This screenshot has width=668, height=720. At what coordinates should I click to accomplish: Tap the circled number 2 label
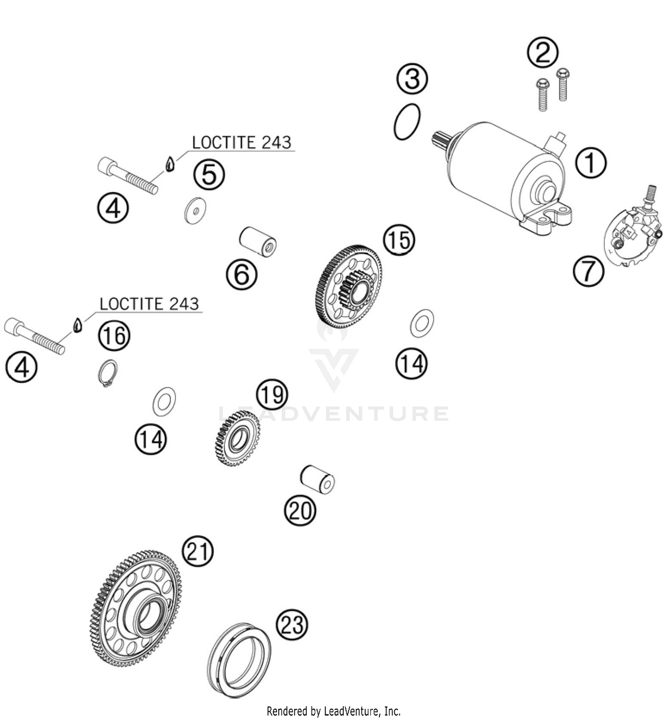click(542, 53)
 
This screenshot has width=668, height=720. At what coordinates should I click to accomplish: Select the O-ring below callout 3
click(407, 122)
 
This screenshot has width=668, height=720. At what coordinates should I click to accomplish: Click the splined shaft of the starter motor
click(441, 140)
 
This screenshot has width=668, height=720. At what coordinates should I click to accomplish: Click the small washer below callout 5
click(196, 210)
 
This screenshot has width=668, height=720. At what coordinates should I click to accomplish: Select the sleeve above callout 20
click(318, 479)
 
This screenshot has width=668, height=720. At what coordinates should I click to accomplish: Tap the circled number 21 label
click(198, 551)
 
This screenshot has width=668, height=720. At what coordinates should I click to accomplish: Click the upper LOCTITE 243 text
click(241, 143)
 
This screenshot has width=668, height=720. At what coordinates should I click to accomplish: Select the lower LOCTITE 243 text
click(149, 304)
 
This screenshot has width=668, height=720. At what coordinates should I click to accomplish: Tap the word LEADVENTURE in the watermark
click(334, 414)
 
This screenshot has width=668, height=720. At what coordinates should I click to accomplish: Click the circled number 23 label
click(293, 625)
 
